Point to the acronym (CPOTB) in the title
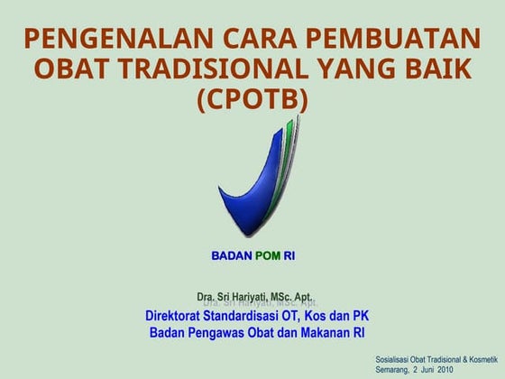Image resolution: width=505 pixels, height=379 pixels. coord(252,98)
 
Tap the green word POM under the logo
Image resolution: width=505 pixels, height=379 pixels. coord(268,256)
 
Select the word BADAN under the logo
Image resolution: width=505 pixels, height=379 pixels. coord(232,256)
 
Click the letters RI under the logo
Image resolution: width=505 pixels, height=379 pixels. coord(289,256)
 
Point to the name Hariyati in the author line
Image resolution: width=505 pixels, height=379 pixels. coord(247,297)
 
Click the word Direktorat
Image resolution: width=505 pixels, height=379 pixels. coord(179,316)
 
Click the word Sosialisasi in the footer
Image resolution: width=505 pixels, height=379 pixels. coord(394,359)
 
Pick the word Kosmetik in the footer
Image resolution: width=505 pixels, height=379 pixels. coord(480,359)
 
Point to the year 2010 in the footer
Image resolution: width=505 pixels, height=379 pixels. coord(445,370)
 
